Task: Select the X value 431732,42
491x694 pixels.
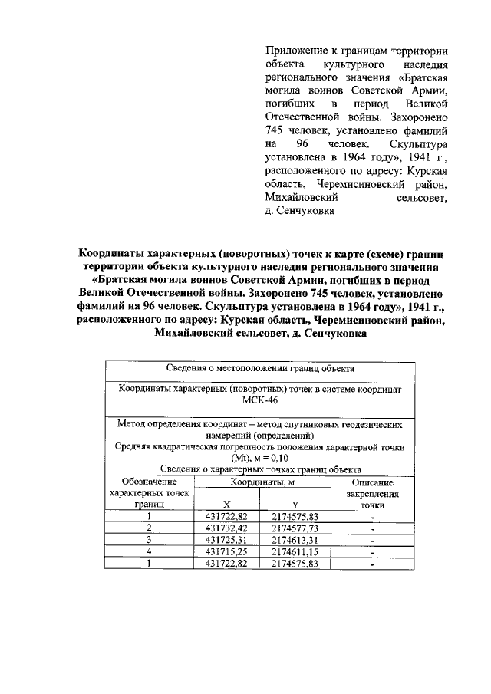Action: (227, 528)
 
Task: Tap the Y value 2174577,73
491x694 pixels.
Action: (295, 528)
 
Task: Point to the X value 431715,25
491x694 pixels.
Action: (227, 552)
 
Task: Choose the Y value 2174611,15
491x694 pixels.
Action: (295, 552)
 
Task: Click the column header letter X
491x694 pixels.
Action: (226, 505)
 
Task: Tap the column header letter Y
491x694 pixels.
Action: (295, 505)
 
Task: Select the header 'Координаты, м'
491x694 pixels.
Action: (261, 482)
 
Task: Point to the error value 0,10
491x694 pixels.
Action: (285, 458)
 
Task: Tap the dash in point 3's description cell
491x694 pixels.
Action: (372, 541)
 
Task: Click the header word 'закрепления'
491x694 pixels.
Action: (372, 494)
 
